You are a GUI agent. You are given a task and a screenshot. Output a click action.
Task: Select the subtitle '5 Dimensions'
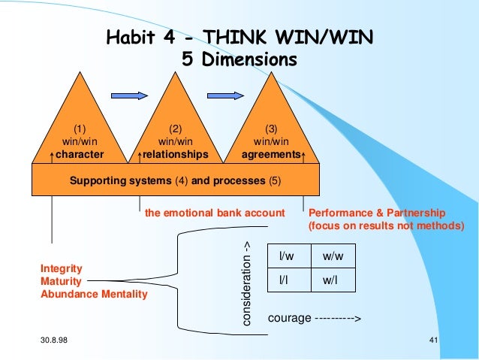click(x=239, y=58)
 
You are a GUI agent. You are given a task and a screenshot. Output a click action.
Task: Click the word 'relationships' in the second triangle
click(x=176, y=155)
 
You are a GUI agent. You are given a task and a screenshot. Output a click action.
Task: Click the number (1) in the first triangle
click(x=80, y=128)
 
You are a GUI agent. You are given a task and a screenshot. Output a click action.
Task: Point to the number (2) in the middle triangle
click(x=176, y=128)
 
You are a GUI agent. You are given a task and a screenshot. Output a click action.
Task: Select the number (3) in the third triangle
click(x=272, y=128)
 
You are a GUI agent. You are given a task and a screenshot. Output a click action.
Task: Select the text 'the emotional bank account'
click(x=215, y=213)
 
